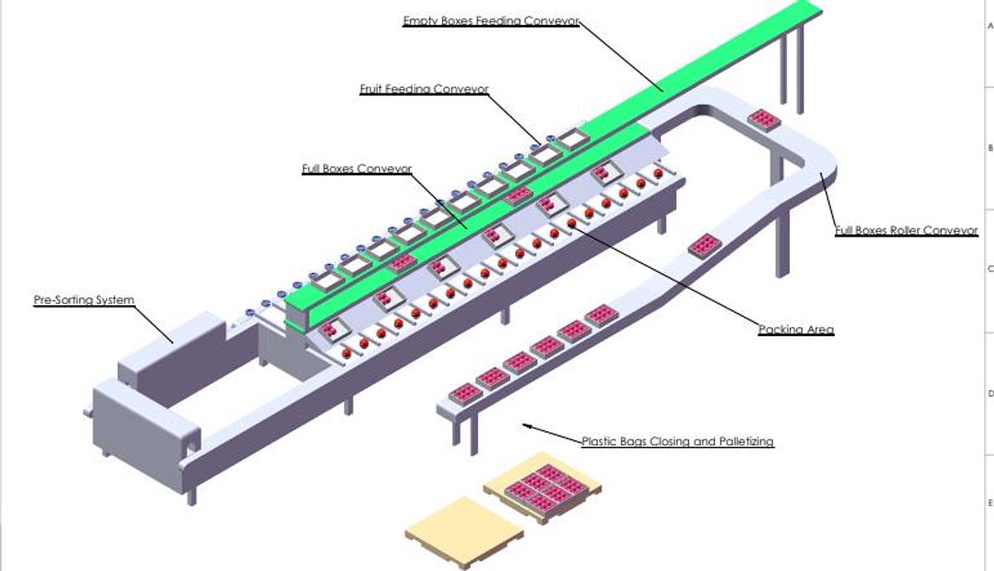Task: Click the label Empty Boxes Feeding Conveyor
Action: (x=490, y=21)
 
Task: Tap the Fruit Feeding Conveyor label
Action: (x=424, y=89)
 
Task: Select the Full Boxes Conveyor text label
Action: (x=357, y=169)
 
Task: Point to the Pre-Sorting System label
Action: (x=84, y=300)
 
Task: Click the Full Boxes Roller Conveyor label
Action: (x=906, y=231)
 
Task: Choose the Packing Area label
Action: (x=796, y=330)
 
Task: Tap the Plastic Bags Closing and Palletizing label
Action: (x=678, y=442)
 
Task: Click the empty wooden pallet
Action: (x=464, y=531)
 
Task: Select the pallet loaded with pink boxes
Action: (x=543, y=488)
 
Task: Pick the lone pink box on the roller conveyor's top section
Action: (x=764, y=120)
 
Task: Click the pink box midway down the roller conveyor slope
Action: (x=705, y=246)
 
